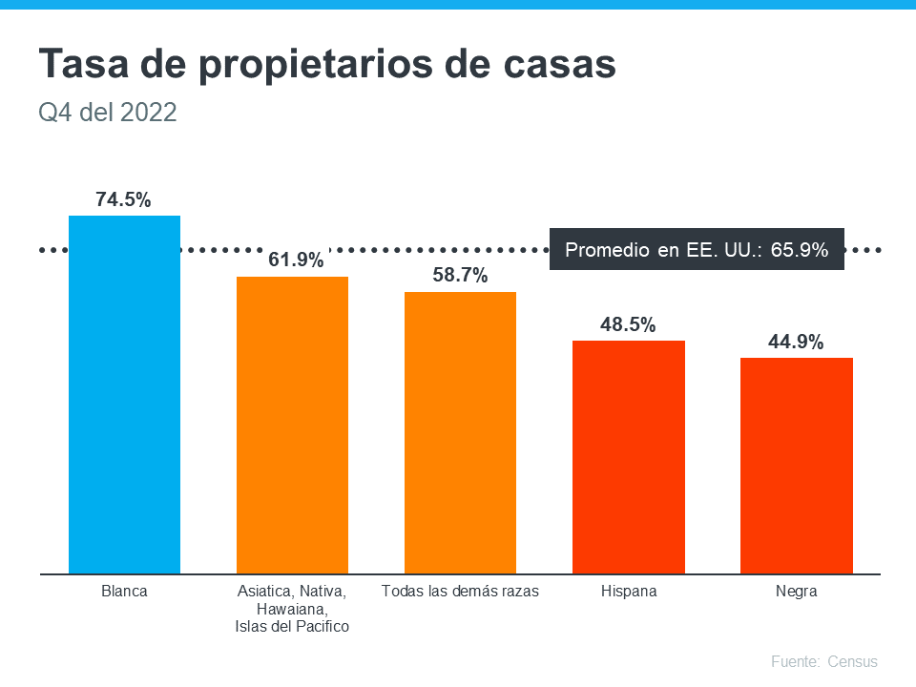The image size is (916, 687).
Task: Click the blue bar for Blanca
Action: click(x=124, y=395)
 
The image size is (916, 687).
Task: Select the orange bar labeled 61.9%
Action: click(x=292, y=426)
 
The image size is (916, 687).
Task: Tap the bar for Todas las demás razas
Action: click(x=460, y=433)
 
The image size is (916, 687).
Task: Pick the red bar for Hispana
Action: click(x=628, y=457)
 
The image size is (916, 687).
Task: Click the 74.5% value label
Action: click(x=123, y=200)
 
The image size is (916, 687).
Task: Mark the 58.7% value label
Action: click(x=460, y=276)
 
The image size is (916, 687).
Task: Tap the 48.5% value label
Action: click(x=628, y=324)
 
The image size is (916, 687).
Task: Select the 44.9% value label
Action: click(x=796, y=342)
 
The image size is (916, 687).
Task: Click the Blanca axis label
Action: click(x=124, y=592)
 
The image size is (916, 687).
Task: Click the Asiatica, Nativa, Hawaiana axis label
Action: click(x=292, y=609)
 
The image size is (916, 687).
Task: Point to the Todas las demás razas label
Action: click(x=460, y=592)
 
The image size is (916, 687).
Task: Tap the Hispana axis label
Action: click(x=629, y=592)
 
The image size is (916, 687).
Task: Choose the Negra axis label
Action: click(x=796, y=592)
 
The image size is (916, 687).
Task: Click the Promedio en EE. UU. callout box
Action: click(x=697, y=250)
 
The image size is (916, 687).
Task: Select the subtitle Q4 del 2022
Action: click(x=108, y=113)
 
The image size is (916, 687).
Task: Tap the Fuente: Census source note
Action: click(x=823, y=661)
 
